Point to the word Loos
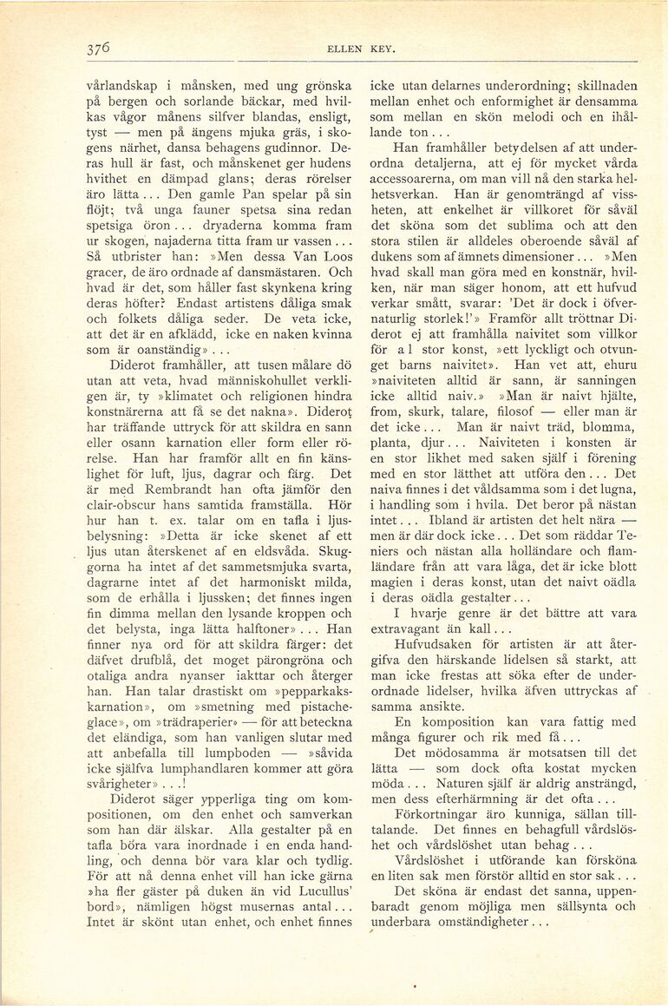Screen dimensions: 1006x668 (336, 257)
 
